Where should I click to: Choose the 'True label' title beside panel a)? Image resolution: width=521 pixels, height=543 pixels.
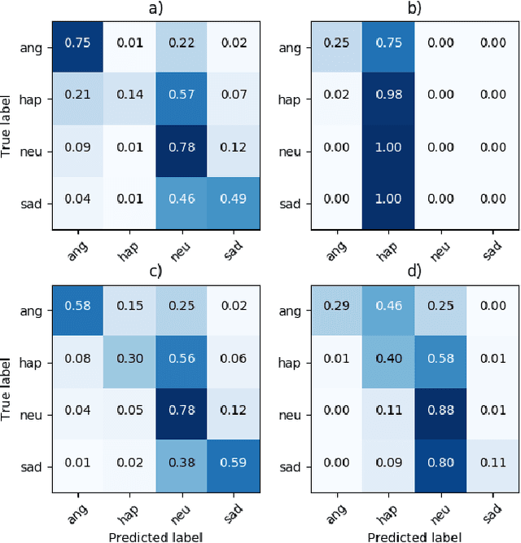coord(8,125)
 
